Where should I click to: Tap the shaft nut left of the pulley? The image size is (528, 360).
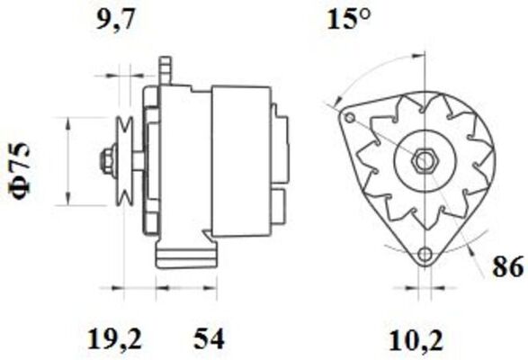[x=106, y=162]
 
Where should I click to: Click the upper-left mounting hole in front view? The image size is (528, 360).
[x=349, y=118]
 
